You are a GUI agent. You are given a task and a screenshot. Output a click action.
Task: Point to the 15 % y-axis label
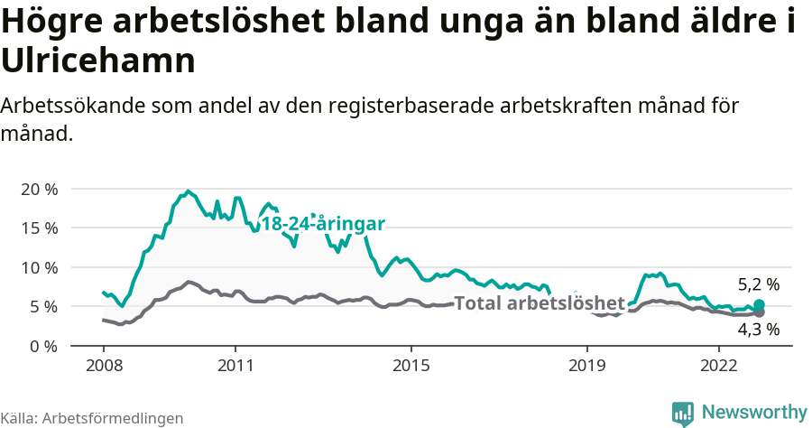(39, 228)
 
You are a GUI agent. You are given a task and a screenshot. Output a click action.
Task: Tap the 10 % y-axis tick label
(39, 267)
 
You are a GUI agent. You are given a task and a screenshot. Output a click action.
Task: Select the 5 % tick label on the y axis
(43, 307)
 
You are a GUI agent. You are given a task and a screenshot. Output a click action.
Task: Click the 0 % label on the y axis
(43, 346)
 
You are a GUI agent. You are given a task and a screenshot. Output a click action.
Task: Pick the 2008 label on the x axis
(103, 366)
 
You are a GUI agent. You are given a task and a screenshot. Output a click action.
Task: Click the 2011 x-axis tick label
(235, 366)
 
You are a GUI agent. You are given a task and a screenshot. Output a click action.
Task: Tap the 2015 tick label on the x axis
(411, 366)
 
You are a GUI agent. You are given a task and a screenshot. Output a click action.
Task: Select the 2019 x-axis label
(587, 366)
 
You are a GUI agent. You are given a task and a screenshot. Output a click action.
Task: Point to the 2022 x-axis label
(719, 366)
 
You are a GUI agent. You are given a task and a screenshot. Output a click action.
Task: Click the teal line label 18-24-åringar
(323, 224)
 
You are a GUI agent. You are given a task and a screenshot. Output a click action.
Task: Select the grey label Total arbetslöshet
(539, 302)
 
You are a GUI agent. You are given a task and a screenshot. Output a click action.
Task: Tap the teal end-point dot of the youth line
(759, 305)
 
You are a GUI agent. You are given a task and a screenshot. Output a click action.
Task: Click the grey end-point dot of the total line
(759, 312)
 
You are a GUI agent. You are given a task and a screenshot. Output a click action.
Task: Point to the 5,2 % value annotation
(758, 284)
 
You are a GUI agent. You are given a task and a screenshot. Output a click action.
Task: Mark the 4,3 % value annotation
(758, 330)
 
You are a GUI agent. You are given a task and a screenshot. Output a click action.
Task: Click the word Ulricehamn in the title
(98, 61)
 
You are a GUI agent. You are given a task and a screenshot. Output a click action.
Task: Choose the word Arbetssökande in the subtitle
(68, 106)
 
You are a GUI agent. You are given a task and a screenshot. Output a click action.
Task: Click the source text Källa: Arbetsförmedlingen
(92, 418)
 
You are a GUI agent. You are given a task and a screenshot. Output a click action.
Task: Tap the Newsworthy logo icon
(683, 414)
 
